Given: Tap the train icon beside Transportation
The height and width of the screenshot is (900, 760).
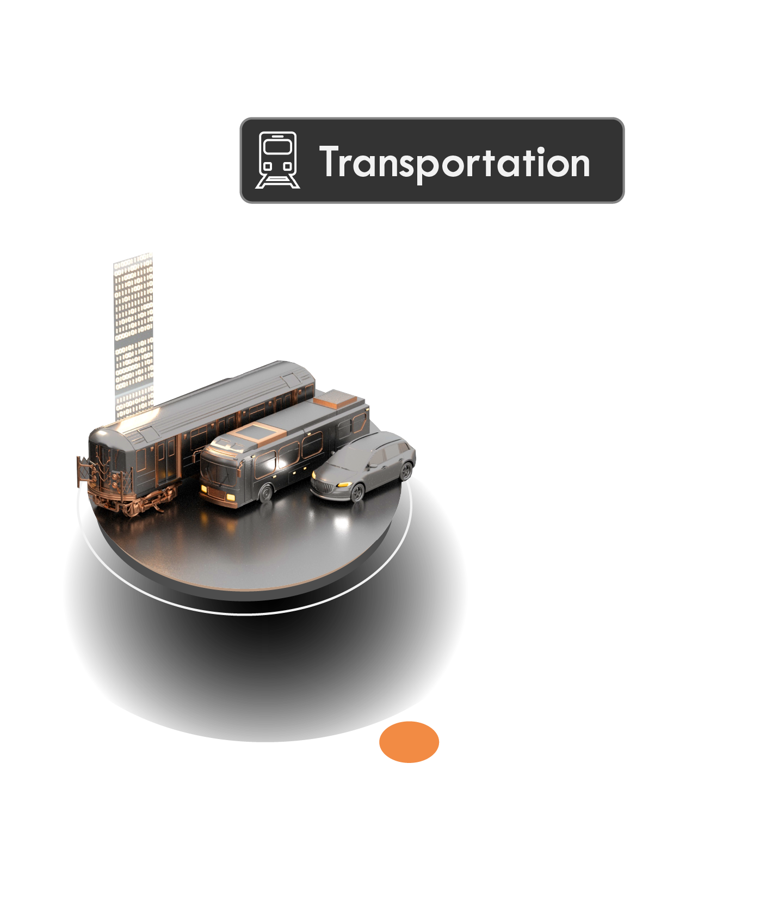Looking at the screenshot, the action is pyautogui.click(x=277, y=160).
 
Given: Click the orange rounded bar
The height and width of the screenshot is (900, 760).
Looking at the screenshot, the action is pyautogui.click(x=569, y=743).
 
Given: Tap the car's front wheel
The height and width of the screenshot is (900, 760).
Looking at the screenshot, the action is pyautogui.click(x=357, y=493).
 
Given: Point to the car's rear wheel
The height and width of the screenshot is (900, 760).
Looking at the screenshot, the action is pyautogui.click(x=406, y=471).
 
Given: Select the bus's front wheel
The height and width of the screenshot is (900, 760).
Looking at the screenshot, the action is pyautogui.click(x=265, y=493).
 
